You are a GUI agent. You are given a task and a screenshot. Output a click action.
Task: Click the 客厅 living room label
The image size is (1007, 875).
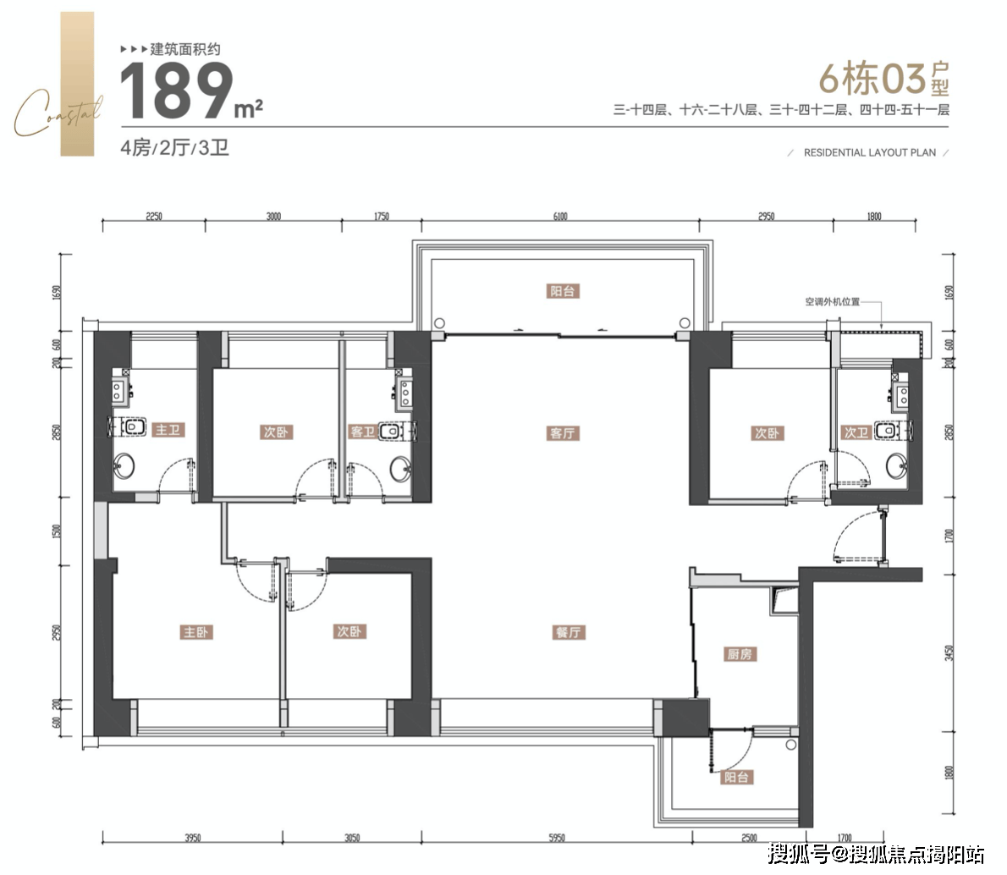(x=562, y=433)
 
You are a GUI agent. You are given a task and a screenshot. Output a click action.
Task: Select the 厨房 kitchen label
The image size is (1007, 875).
(x=740, y=654)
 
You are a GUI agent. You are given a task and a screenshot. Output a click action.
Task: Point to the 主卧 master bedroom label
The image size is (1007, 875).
(x=196, y=632)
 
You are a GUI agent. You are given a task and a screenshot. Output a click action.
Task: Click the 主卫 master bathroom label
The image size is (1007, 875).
(x=168, y=431)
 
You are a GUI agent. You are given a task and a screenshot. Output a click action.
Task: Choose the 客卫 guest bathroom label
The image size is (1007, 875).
(x=362, y=432)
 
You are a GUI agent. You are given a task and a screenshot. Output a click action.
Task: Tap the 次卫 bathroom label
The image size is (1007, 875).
(x=856, y=432)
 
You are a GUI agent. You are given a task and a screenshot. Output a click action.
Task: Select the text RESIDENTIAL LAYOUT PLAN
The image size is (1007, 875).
(x=870, y=153)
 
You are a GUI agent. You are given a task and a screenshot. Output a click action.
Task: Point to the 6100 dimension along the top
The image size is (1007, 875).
(x=560, y=217)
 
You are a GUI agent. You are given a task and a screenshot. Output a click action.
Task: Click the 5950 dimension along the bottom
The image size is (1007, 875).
(x=556, y=839)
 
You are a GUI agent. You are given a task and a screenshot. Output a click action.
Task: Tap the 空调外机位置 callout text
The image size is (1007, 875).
(x=832, y=302)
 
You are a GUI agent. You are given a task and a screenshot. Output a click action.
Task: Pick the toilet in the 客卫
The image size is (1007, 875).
(x=390, y=432)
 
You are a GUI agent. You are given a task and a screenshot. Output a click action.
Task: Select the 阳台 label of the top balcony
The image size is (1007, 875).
(x=563, y=291)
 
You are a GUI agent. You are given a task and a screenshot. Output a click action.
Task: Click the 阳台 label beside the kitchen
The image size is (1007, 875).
(x=735, y=778)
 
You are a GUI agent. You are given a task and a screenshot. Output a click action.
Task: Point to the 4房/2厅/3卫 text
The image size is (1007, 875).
(x=175, y=148)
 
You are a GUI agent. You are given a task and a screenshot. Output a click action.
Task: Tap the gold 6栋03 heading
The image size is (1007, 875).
(x=872, y=80)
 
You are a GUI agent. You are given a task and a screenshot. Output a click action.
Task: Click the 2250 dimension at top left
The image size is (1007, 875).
(x=153, y=217)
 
